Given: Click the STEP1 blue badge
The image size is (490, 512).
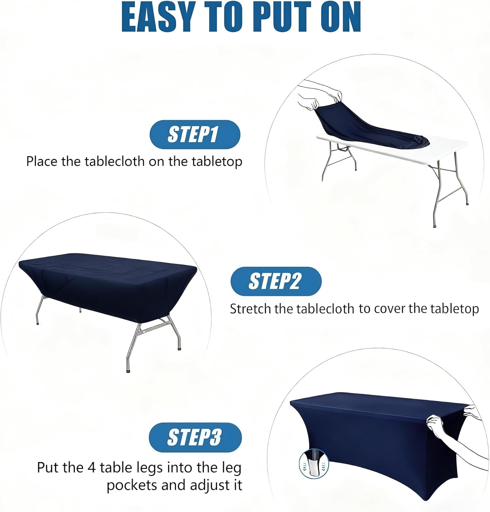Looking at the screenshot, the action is (x=195, y=134).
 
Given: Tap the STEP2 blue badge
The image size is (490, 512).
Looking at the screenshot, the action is (x=276, y=281).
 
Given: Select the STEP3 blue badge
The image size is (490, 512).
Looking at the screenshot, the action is (x=195, y=437).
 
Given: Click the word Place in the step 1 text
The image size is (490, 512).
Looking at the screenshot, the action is (x=42, y=161).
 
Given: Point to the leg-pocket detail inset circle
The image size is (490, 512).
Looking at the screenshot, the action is (x=314, y=464).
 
